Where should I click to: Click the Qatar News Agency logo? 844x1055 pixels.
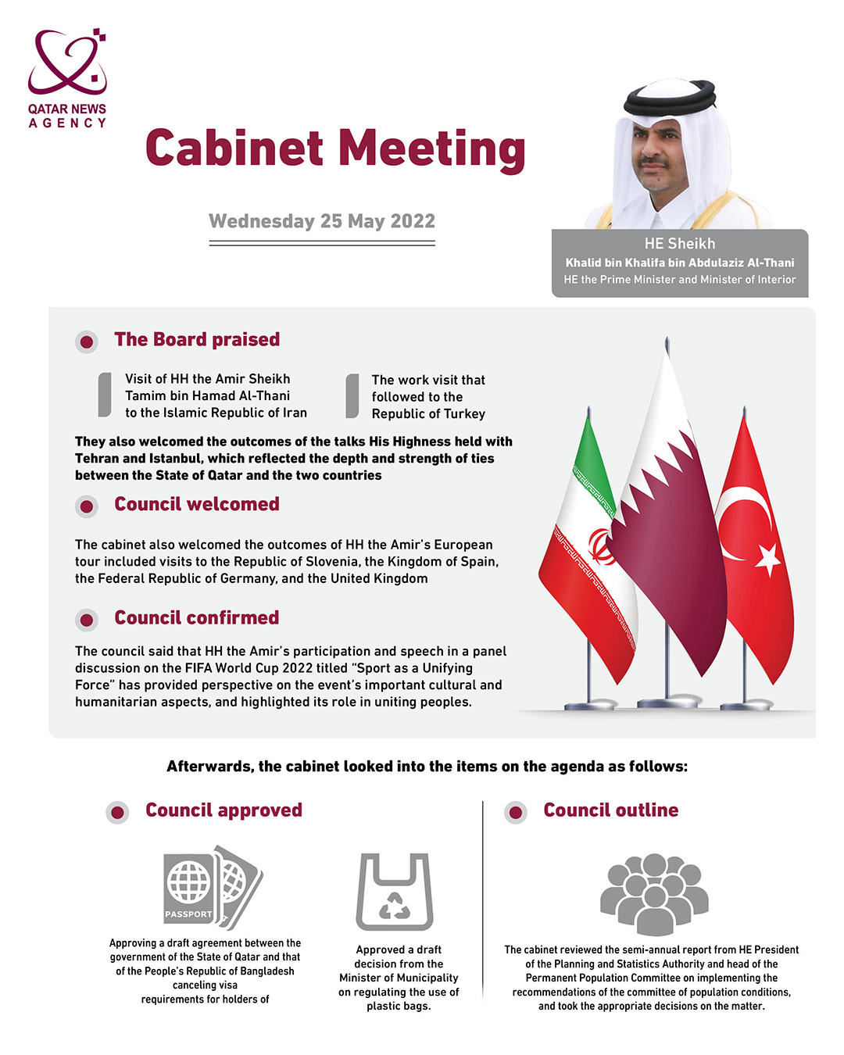point(67,78)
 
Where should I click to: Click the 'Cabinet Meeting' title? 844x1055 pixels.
point(335,148)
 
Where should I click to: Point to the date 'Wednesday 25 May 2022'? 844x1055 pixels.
point(322,221)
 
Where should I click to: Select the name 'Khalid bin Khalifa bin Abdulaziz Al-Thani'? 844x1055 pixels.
point(679,263)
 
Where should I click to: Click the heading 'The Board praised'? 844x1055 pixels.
point(197,340)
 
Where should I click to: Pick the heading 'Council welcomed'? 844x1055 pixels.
point(197,505)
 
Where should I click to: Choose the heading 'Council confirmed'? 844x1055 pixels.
point(197,618)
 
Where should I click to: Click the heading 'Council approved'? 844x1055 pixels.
point(224,810)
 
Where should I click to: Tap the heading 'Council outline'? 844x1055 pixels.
point(610,810)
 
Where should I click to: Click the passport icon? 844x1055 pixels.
point(212,887)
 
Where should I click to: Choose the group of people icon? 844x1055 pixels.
point(654,893)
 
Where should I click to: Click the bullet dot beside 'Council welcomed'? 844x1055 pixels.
point(87,506)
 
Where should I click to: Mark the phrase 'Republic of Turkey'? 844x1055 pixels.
point(428,414)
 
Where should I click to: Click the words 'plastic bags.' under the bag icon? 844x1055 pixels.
point(399,1006)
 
